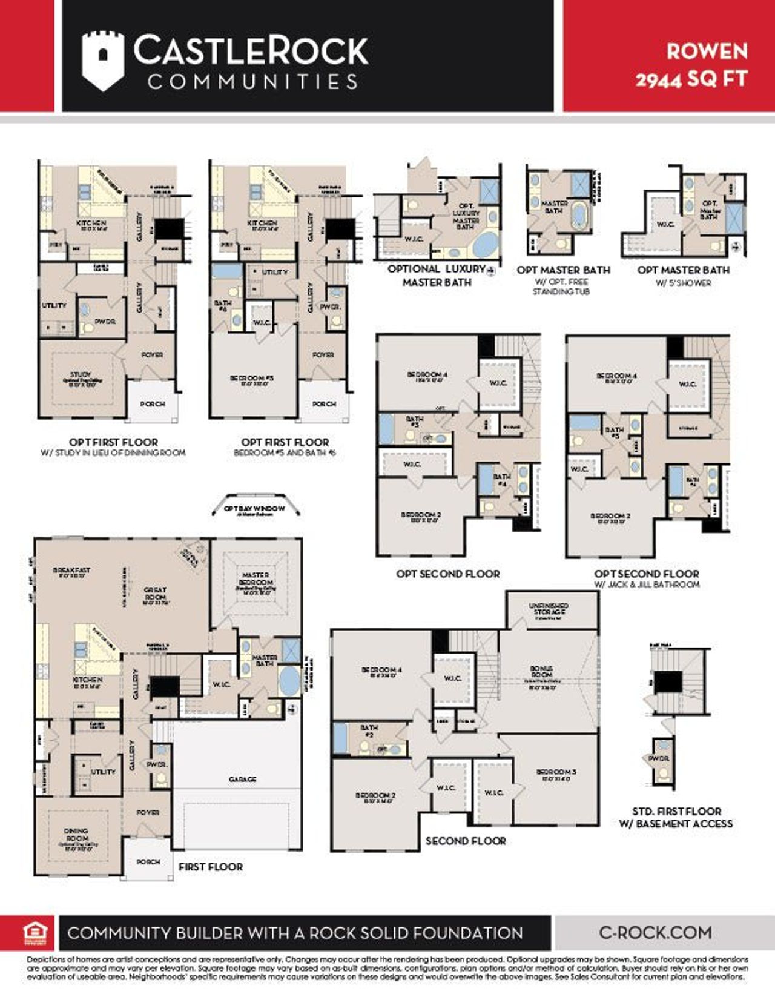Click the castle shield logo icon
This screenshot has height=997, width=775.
point(103,61)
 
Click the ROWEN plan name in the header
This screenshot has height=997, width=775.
point(707,51)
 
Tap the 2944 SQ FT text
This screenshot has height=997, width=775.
point(691,79)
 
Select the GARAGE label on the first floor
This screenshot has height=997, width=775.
point(243,779)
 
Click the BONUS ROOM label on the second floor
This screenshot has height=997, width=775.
point(541,672)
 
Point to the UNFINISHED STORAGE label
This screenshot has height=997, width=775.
point(549,609)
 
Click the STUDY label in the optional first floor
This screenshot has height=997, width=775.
point(81,376)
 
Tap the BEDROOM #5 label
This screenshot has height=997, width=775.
point(252,379)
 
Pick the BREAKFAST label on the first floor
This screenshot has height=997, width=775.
point(71,571)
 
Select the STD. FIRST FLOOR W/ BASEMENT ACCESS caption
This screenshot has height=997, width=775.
point(676,817)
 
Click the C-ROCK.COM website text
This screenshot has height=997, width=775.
point(655,932)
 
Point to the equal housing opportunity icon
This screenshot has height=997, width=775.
point(35,933)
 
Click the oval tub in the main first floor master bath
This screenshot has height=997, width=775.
point(289,681)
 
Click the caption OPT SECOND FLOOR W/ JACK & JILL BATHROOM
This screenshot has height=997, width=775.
point(647,578)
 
